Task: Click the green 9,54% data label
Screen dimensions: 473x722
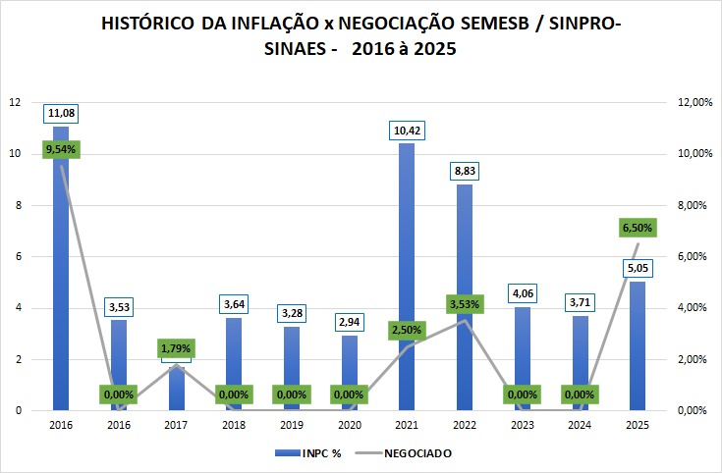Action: (x=61, y=150)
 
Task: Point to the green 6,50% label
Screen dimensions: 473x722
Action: (x=638, y=228)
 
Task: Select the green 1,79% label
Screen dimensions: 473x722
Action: (x=177, y=348)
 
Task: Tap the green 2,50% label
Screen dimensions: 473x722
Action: (x=407, y=330)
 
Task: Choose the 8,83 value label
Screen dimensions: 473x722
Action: (x=465, y=172)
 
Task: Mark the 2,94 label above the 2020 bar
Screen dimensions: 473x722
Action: (x=350, y=321)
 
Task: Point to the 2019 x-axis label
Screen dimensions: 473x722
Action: (x=292, y=426)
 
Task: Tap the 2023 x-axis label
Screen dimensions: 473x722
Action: (x=523, y=426)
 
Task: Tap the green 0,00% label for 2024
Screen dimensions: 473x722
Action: (x=580, y=394)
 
